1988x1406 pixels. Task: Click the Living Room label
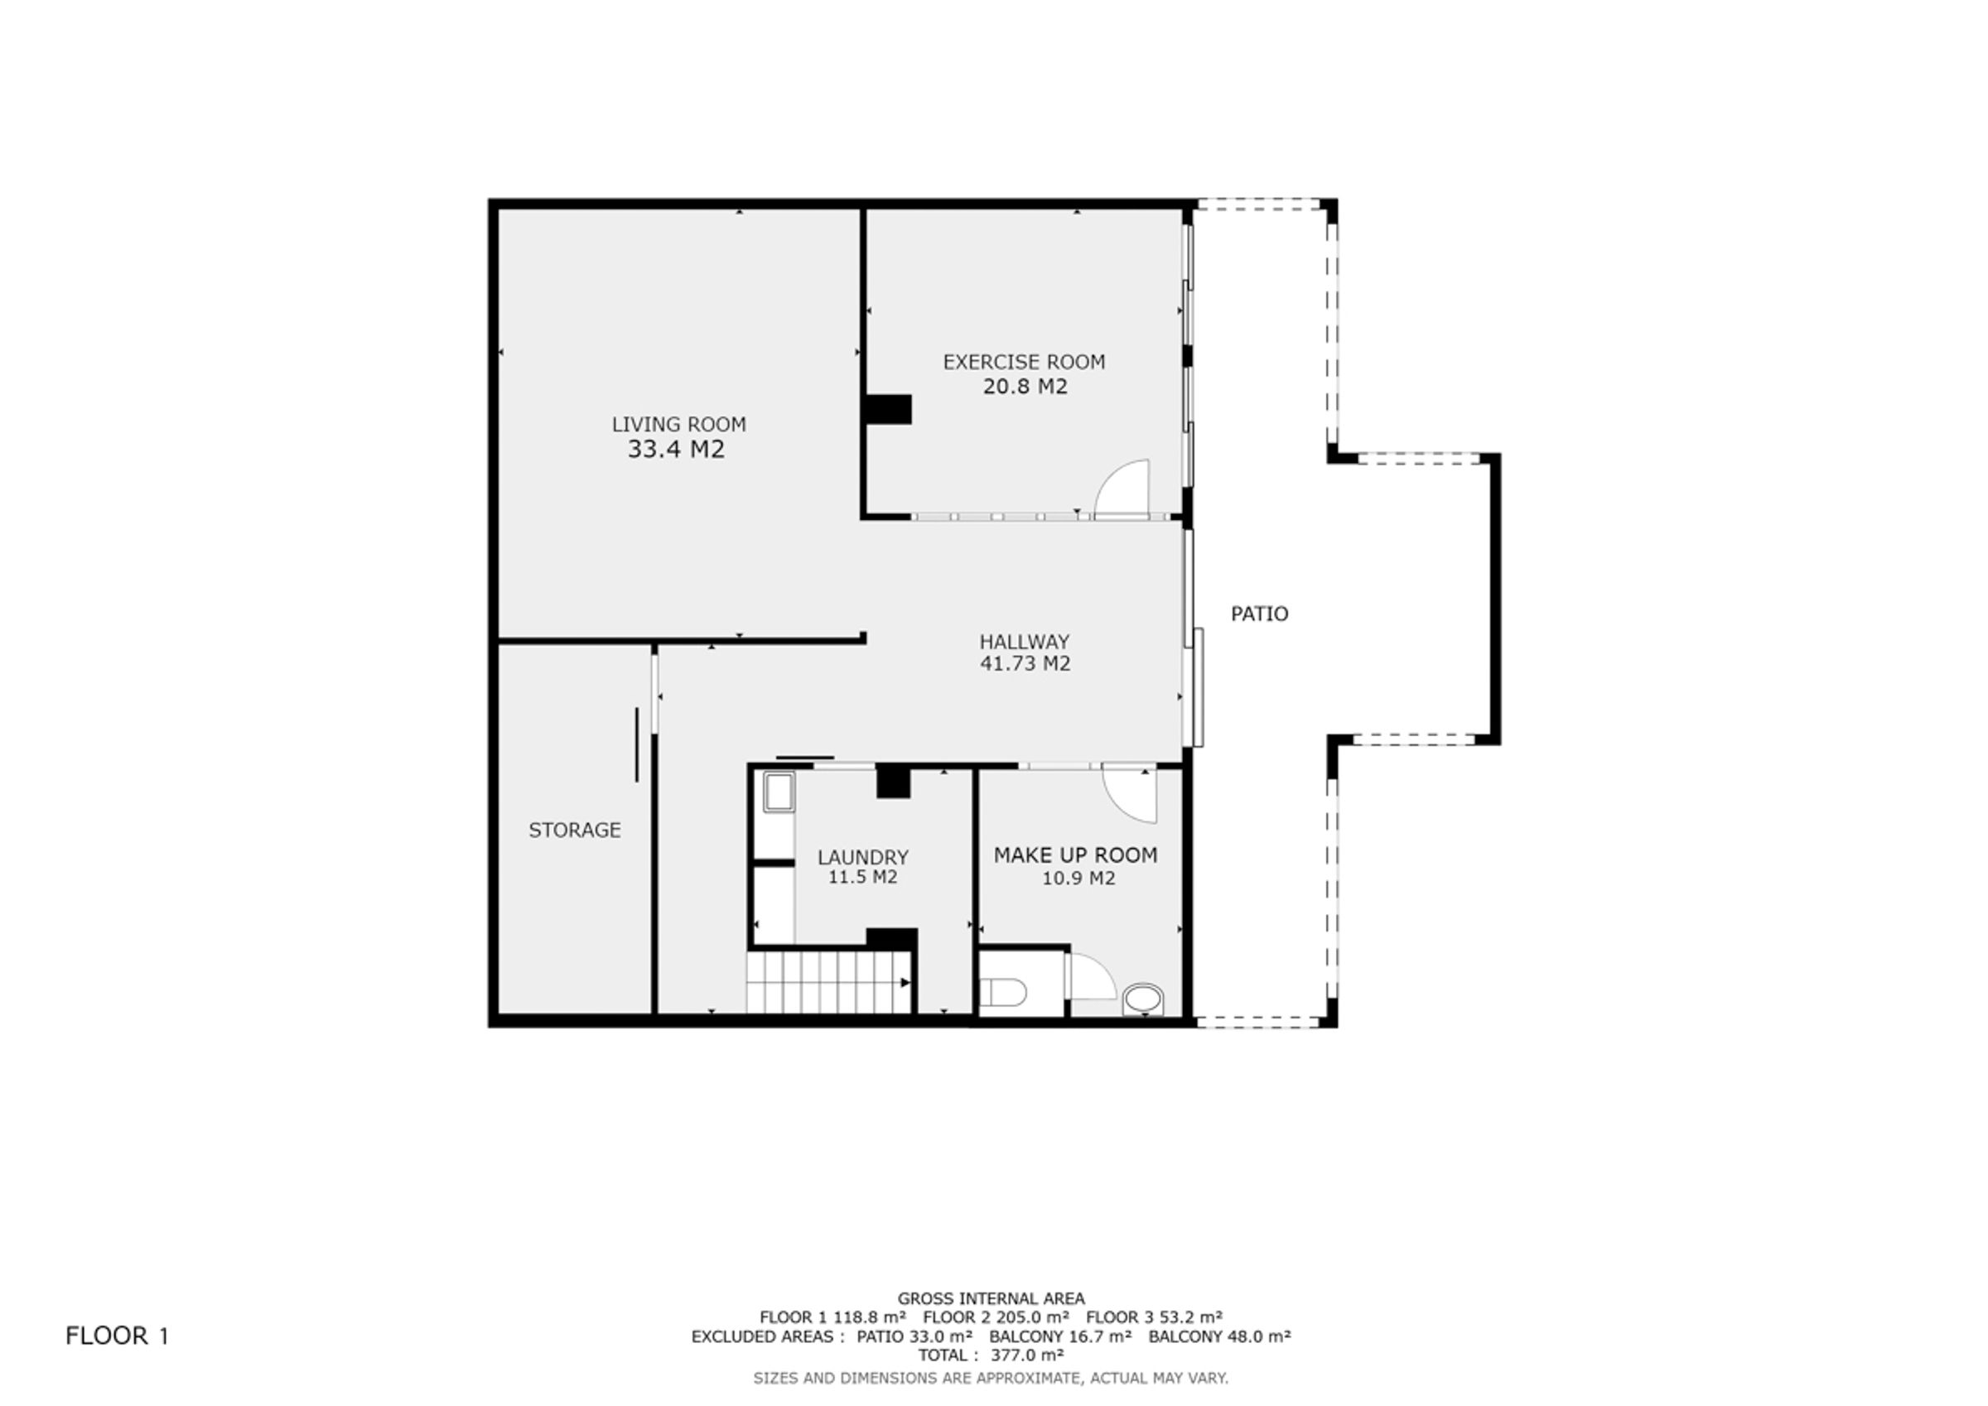pyautogui.click(x=679, y=424)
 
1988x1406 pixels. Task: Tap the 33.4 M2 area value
pyautogui.click(x=676, y=450)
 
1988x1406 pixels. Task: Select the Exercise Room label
pyautogui.click(x=1025, y=362)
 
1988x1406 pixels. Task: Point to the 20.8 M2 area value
pyautogui.click(x=1025, y=386)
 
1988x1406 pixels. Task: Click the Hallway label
pyautogui.click(x=1025, y=642)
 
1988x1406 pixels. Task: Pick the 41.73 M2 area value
pyautogui.click(x=1025, y=663)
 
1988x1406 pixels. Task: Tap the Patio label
pyautogui.click(x=1260, y=614)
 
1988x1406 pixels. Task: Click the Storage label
pyautogui.click(x=575, y=831)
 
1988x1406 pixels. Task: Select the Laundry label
pyautogui.click(x=863, y=857)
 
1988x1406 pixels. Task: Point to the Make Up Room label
pyautogui.click(x=1075, y=855)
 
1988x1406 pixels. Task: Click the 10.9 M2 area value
pyautogui.click(x=1078, y=878)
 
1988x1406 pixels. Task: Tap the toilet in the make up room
pyautogui.click(x=1005, y=992)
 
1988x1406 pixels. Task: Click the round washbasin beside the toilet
pyautogui.click(x=1143, y=999)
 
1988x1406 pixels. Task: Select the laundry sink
pyautogui.click(x=779, y=793)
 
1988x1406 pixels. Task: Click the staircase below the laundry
pyautogui.click(x=829, y=982)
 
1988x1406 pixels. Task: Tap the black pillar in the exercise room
pyautogui.click(x=890, y=410)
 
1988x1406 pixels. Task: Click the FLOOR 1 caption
pyautogui.click(x=117, y=1336)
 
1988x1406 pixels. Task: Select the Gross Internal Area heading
pyautogui.click(x=991, y=1298)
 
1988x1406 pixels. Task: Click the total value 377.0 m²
pyautogui.click(x=1027, y=1355)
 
